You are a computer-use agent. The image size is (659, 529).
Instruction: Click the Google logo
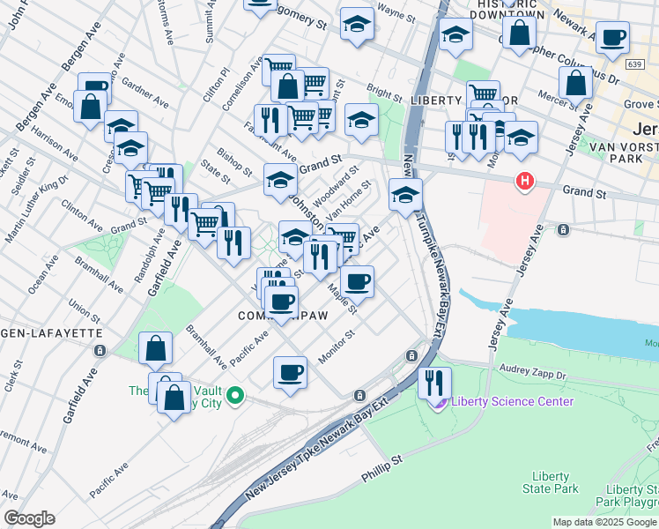tap(29, 518)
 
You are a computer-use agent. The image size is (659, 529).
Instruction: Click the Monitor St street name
tap(336, 346)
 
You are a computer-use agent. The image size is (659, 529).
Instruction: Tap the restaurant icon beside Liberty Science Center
tap(434, 382)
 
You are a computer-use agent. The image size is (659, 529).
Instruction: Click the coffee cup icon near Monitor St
tap(290, 372)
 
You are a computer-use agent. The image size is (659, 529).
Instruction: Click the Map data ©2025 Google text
tap(604, 522)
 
